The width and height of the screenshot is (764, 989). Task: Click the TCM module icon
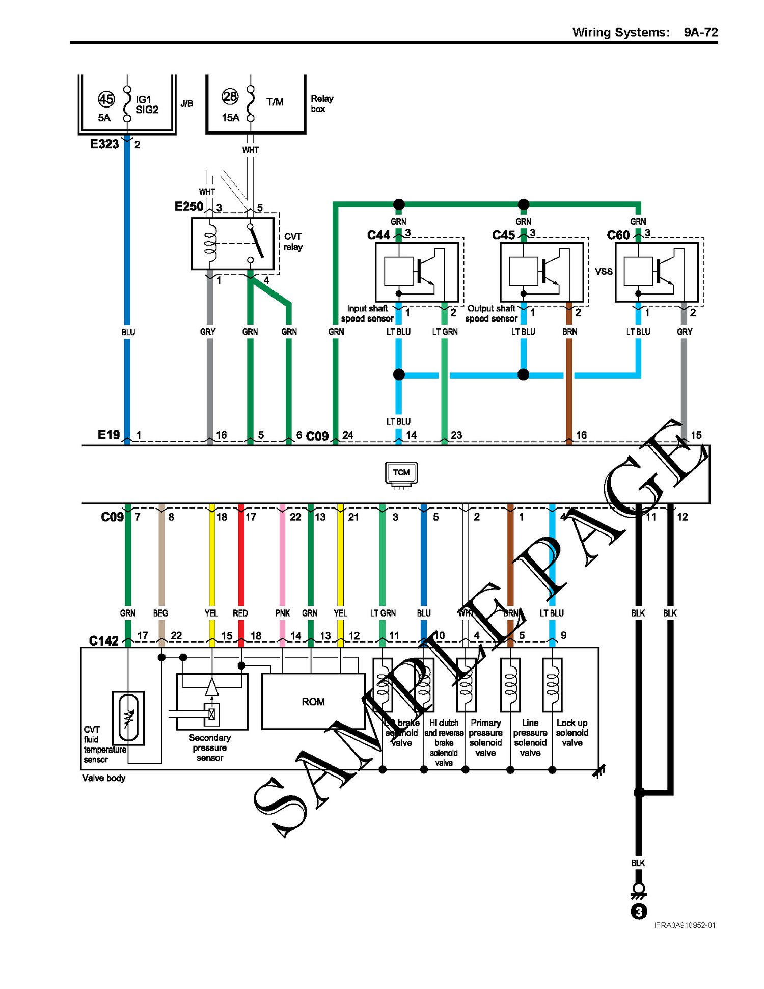tap(401, 473)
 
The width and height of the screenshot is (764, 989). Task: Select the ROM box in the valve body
tap(313, 702)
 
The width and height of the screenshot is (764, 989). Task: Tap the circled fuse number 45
tap(106, 99)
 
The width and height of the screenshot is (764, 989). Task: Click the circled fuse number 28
tap(230, 97)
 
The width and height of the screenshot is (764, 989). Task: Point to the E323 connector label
tap(104, 144)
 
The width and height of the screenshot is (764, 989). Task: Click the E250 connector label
tap(188, 206)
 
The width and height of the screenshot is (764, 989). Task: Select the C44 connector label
tap(378, 235)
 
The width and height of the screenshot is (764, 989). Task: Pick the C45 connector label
tap(503, 235)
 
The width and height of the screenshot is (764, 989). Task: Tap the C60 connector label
tap(618, 235)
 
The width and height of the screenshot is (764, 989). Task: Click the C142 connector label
tap(103, 640)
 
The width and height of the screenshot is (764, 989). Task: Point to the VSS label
tap(604, 271)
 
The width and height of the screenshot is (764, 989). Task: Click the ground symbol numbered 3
tap(639, 911)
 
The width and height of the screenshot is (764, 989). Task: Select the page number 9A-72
tap(700, 32)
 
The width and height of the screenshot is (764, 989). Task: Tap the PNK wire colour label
tap(282, 613)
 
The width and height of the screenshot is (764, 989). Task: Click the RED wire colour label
tap(240, 613)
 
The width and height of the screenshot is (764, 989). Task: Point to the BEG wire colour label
tap(160, 613)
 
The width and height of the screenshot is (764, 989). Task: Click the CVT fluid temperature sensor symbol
tap(128, 717)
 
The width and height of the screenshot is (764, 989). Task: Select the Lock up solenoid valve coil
tap(552, 684)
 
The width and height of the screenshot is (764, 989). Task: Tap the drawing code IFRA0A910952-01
tap(685, 925)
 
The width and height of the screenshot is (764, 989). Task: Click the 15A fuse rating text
tap(230, 118)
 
